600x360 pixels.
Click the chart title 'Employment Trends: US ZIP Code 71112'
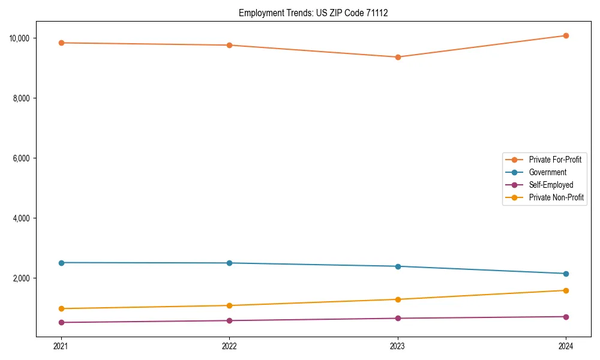click(x=313, y=13)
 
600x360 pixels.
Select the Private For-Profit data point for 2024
click(x=566, y=36)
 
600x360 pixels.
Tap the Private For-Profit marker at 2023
click(x=398, y=57)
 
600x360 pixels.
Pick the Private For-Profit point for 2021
click(x=61, y=43)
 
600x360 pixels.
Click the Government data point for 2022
click(x=229, y=263)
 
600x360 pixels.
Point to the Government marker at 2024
click(x=566, y=274)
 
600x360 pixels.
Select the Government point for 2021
click(x=61, y=263)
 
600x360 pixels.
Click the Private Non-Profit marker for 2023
click(x=398, y=299)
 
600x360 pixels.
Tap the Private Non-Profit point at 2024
click(x=566, y=290)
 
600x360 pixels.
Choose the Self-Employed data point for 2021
click(x=61, y=322)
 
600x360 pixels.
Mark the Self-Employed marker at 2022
click(x=229, y=320)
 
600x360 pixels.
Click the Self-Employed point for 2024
click(x=566, y=317)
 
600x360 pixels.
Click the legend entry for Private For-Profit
click(x=555, y=160)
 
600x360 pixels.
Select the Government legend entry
click(x=547, y=172)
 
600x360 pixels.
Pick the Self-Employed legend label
click(x=551, y=185)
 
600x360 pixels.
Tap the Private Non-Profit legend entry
click(x=556, y=197)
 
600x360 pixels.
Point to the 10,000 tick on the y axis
click(x=20, y=38)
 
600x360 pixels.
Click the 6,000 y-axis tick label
click(x=22, y=158)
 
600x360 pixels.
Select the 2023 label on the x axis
click(x=398, y=346)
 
